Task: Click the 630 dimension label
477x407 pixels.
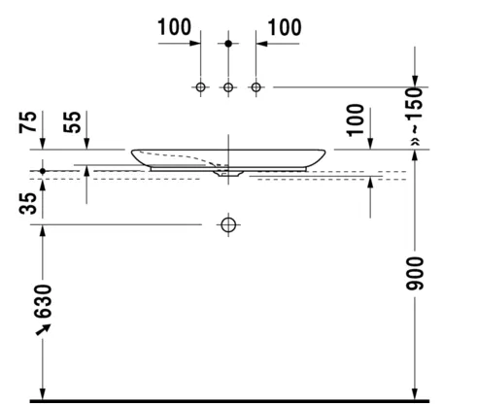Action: coord(43,301)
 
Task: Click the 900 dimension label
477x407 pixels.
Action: coord(415,274)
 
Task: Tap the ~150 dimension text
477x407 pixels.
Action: coord(415,110)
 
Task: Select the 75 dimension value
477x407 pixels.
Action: coord(28,121)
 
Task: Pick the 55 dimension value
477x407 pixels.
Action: coord(72,121)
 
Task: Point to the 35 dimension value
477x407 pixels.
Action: coord(28,203)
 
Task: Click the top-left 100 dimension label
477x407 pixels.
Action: coord(174,27)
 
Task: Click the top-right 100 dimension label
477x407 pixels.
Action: coord(285,27)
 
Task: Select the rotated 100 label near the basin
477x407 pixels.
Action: coord(356,120)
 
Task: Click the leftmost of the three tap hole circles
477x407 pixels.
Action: coord(200,87)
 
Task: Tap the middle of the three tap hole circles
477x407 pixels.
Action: coord(228,87)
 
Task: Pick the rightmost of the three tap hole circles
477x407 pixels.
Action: coord(256,87)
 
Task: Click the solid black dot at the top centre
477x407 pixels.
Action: coord(228,44)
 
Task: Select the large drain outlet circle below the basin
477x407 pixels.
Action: coord(228,224)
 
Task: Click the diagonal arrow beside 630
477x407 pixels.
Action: coord(43,329)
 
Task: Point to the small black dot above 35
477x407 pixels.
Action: coord(43,171)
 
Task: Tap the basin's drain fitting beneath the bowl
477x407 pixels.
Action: coord(228,173)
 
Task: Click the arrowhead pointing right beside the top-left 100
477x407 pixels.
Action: coord(195,43)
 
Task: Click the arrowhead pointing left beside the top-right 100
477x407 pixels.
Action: coord(261,44)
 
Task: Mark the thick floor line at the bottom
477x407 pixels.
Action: coord(229,401)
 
